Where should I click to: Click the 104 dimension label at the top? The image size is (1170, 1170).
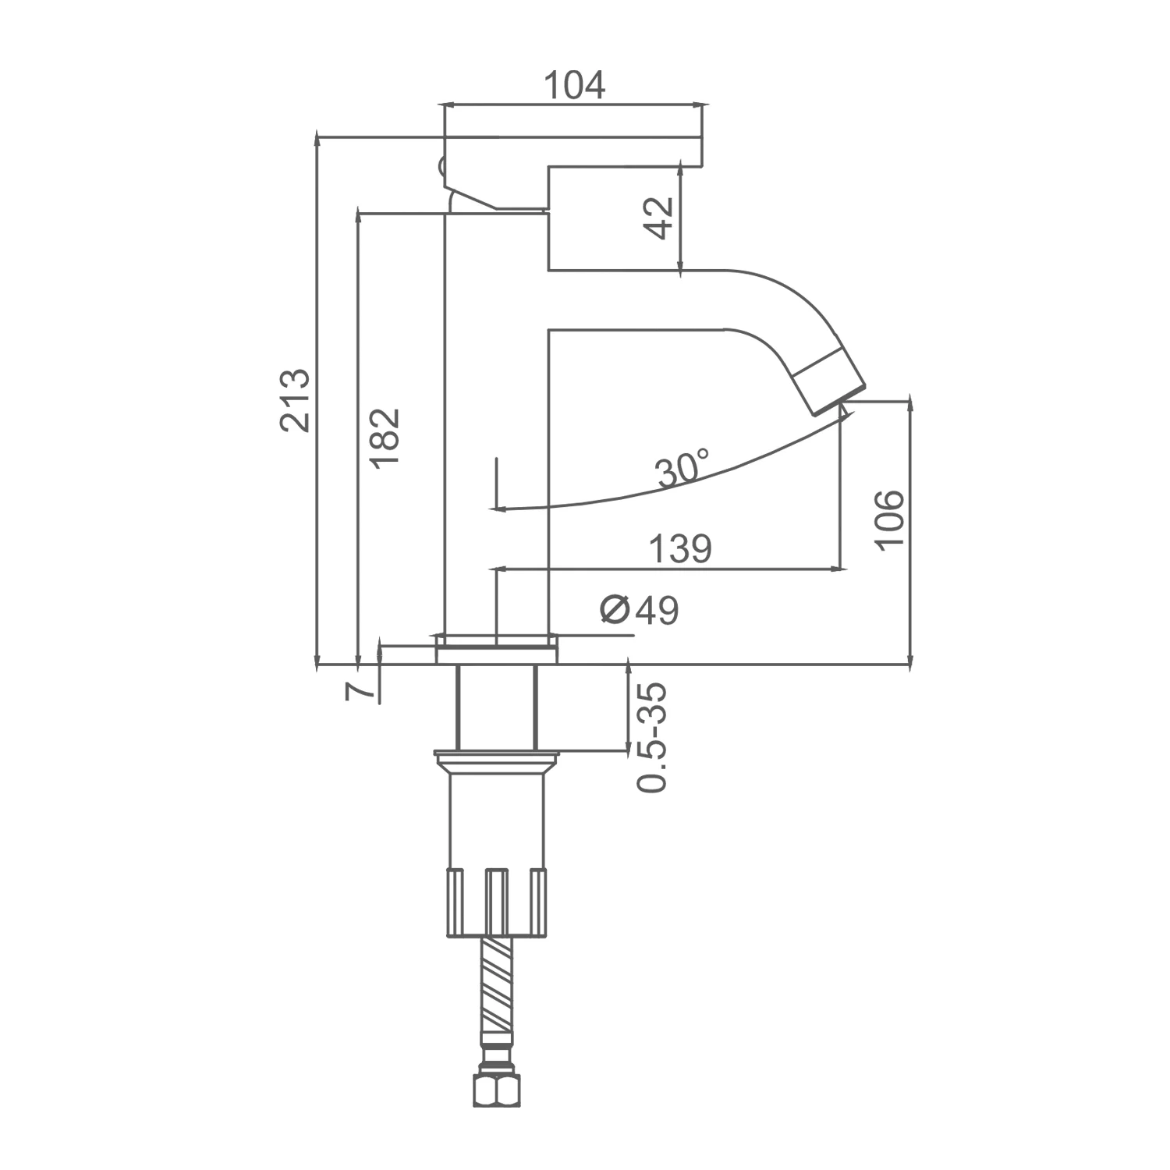click(x=573, y=85)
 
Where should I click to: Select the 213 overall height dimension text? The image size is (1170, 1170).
click(x=296, y=400)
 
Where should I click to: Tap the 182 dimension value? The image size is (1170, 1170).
click(x=385, y=438)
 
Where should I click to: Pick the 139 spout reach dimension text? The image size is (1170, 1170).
click(x=681, y=549)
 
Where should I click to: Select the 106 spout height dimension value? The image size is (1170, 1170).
click(x=889, y=520)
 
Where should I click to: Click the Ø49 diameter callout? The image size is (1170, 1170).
click(x=640, y=609)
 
